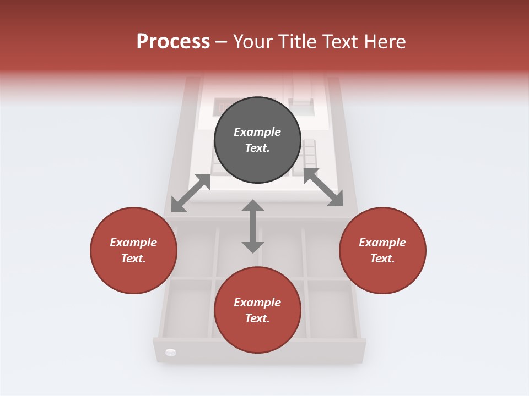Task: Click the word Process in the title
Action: point(173,41)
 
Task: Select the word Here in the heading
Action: point(386,41)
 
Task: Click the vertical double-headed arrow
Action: point(253,226)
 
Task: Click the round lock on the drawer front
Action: point(170,352)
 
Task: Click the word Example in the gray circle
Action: point(257,132)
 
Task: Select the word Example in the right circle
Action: point(382,243)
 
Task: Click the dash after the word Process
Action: point(222,42)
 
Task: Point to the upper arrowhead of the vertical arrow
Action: point(253,206)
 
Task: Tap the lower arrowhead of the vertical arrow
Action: point(253,246)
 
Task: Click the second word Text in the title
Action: point(343,41)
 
